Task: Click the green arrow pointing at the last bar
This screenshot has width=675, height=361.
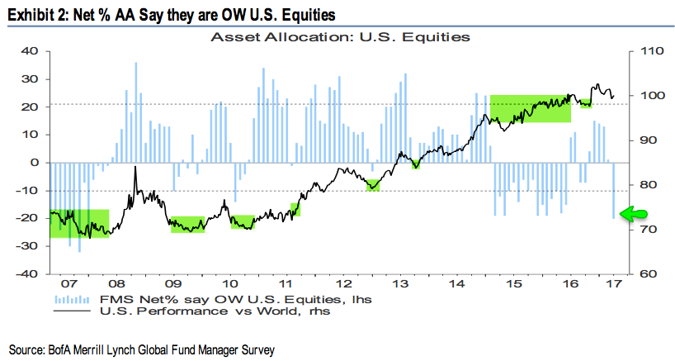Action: (631, 215)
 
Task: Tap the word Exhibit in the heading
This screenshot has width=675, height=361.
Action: (31, 14)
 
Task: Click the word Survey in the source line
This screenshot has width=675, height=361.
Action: (257, 350)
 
